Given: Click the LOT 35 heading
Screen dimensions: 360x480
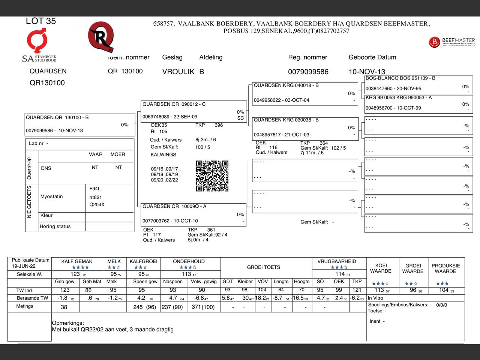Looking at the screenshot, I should (41, 21).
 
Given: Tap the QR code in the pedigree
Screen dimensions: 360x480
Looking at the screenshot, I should (212, 176).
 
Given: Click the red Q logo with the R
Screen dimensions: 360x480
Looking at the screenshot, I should (101, 37).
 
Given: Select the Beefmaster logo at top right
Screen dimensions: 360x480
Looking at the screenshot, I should (451, 42).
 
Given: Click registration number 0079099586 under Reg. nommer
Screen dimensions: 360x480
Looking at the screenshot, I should (308, 72).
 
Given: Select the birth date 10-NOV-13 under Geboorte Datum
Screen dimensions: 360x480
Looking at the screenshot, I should (367, 72).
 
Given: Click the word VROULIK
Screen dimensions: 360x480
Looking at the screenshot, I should (178, 72).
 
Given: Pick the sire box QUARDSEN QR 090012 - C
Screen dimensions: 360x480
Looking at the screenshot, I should (193, 111).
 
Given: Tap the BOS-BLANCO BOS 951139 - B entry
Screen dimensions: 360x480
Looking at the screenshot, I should (400, 78).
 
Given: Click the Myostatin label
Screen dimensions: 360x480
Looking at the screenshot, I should (52, 196).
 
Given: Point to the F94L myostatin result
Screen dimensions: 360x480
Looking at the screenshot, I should (95, 189).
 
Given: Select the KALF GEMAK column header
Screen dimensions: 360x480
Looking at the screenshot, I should (77, 261).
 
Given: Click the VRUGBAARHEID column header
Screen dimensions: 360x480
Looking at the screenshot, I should (337, 261).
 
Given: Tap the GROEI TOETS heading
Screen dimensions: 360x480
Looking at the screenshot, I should (264, 267).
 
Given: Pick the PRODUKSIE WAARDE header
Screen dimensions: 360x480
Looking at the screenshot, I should (445, 268).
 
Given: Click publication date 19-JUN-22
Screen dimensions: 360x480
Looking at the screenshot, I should (24, 266).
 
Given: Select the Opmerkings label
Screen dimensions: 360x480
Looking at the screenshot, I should (68, 323).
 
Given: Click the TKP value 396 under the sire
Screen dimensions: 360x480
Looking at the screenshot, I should (219, 125).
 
